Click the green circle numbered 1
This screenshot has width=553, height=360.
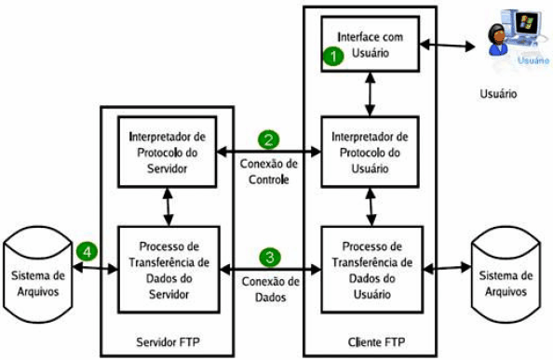click(330, 56)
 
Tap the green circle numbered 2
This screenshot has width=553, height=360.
click(269, 141)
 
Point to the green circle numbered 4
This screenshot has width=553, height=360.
click(87, 251)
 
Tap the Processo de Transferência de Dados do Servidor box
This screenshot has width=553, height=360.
click(169, 269)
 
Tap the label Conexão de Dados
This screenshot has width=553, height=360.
click(269, 288)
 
